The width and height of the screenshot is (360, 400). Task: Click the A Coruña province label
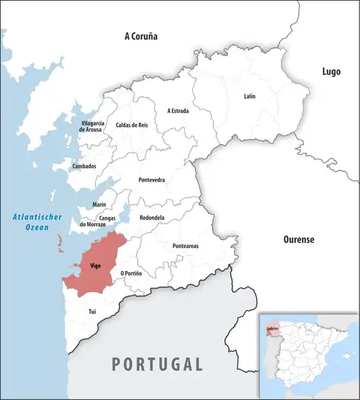[140, 35]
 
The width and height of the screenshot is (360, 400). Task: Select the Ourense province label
[298, 239]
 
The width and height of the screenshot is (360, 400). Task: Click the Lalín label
[249, 95]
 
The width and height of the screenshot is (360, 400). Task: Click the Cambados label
[84, 166]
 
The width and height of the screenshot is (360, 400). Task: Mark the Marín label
[99, 205]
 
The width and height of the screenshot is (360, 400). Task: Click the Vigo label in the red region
[95, 266]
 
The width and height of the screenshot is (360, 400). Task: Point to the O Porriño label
[131, 273]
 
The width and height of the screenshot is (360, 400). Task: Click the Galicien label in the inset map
[272, 328]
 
